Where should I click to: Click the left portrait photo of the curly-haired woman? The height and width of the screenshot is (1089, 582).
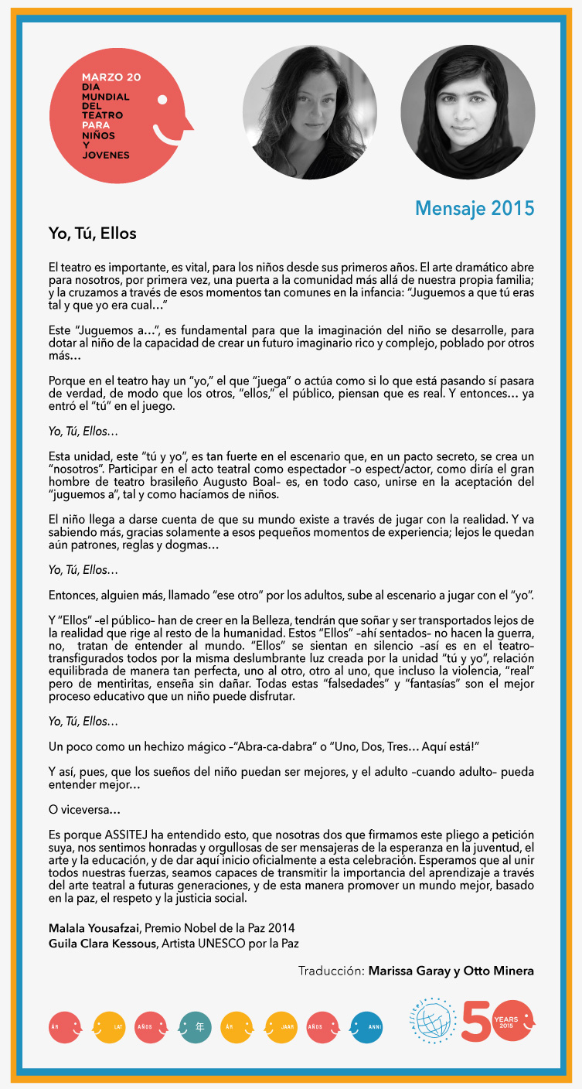click(x=310, y=111)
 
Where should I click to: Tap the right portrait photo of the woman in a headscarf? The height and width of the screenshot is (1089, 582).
click(x=468, y=111)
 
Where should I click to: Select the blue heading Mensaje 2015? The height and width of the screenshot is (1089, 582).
click(x=474, y=208)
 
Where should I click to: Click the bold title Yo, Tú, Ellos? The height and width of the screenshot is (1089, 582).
click(x=92, y=234)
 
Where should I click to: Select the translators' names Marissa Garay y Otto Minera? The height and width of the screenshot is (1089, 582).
click(x=451, y=971)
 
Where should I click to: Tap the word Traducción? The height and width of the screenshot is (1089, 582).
click(x=331, y=971)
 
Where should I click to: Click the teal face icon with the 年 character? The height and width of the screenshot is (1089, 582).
click(x=194, y=1027)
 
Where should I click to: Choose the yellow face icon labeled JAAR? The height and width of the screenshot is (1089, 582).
click(x=281, y=1027)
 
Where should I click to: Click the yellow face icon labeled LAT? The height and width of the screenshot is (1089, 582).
click(x=109, y=1027)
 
